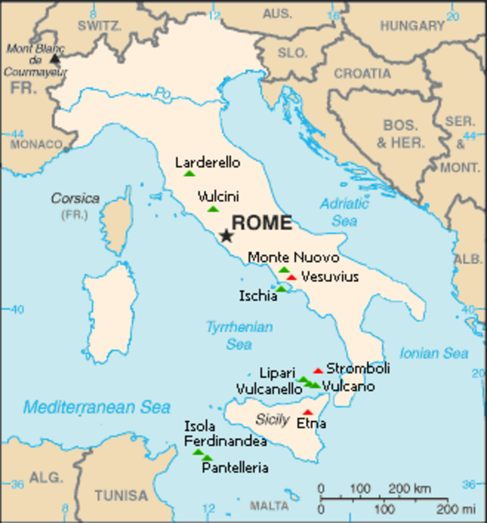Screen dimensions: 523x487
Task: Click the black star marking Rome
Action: [x=226, y=236]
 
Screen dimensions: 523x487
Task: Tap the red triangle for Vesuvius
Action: [x=291, y=277]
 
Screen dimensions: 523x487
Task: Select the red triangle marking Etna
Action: [x=308, y=412]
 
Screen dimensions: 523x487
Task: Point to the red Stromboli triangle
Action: [x=318, y=371]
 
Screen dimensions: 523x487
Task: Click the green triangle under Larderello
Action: [x=189, y=173]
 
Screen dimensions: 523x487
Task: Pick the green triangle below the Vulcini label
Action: [x=213, y=209]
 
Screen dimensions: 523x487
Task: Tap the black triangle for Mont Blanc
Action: [x=54, y=58]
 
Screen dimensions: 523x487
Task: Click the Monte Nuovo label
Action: [x=293, y=258]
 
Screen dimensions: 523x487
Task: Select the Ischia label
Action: [x=258, y=296]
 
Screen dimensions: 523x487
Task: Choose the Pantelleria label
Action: [x=235, y=468]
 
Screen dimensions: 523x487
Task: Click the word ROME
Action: [x=261, y=223]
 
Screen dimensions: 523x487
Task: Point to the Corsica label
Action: [x=75, y=199]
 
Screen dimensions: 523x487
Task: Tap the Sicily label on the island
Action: [x=272, y=420]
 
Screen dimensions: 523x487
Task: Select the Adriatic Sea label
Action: [x=344, y=212]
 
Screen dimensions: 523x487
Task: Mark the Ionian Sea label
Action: [x=433, y=353]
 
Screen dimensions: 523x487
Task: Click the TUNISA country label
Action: [x=122, y=496]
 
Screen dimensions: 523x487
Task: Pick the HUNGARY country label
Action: [x=412, y=26]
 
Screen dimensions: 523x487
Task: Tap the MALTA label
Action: [x=269, y=506]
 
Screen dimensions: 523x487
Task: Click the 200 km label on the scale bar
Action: [x=409, y=488]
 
